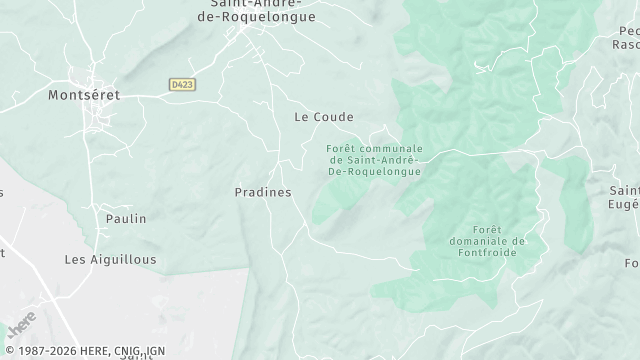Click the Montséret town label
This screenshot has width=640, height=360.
click(84, 95)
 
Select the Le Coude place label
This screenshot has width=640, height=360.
click(323, 117)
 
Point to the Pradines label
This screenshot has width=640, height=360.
click(262, 192)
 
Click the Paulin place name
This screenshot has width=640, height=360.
click(126, 218)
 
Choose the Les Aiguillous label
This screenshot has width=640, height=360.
click(110, 258)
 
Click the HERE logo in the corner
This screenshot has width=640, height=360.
click(21, 327)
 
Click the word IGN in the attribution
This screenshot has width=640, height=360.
click(154, 351)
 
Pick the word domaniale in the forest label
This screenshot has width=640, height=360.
click(483, 240)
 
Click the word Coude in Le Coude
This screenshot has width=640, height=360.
click(334, 117)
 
